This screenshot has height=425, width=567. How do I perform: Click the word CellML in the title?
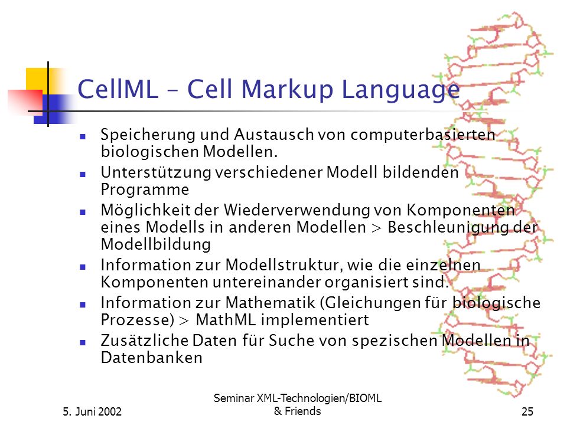118,89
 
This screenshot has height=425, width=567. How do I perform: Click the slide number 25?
527,411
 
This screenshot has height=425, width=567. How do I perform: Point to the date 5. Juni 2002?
92,411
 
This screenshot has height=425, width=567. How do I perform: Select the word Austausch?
274,135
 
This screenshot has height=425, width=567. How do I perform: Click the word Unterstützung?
156,173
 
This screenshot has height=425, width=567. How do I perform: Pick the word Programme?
145,190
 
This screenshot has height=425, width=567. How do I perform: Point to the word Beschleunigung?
448,228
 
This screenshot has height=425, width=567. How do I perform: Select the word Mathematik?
271,303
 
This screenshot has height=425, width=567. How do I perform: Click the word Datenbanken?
152,358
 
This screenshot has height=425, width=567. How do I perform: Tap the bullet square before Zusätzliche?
83,342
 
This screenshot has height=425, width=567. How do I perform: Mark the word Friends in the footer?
302,411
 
